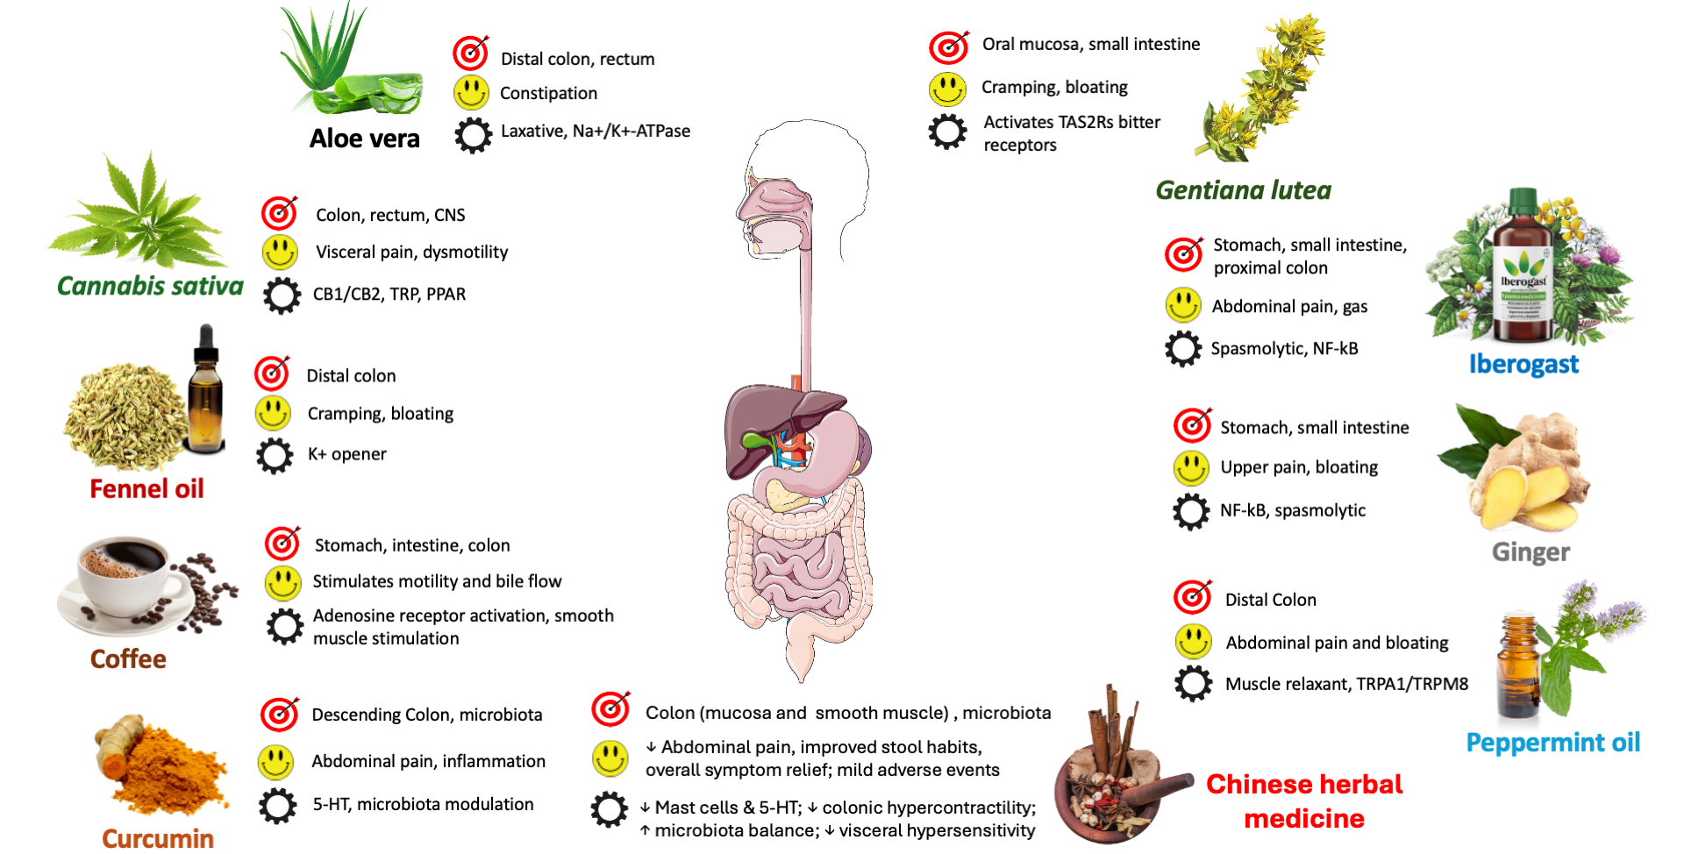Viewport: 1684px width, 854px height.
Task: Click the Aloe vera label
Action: click(x=364, y=139)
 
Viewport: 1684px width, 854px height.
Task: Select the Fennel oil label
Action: click(x=146, y=488)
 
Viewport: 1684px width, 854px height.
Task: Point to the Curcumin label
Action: click(x=158, y=838)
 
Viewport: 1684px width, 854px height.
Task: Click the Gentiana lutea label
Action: click(x=1243, y=190)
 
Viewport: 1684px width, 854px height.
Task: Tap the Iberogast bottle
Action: click(x=1523, y=272)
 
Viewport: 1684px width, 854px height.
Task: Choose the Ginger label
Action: click(x=1531, y=552)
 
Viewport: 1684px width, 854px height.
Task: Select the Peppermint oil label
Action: click(x=1552, y=743)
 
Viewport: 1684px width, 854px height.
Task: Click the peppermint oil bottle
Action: click(x=1518, y=666)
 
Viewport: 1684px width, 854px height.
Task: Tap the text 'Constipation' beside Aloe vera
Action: click(x=548, y=93)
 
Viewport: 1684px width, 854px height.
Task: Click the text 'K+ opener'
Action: click(x=346, y=454)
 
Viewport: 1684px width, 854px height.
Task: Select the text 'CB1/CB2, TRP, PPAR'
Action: click(x=389, y=295)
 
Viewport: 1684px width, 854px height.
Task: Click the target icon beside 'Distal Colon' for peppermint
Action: click(x=1193, y=597)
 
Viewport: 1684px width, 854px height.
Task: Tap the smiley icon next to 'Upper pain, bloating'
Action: click(x=1191, y=468)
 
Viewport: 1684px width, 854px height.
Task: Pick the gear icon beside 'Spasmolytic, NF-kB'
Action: click(x=1183, y=349)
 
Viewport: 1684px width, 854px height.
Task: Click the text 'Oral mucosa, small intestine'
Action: click(x=1090, y=44)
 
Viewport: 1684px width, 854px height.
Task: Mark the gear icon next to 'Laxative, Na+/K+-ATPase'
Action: click(x=473, y=135)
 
